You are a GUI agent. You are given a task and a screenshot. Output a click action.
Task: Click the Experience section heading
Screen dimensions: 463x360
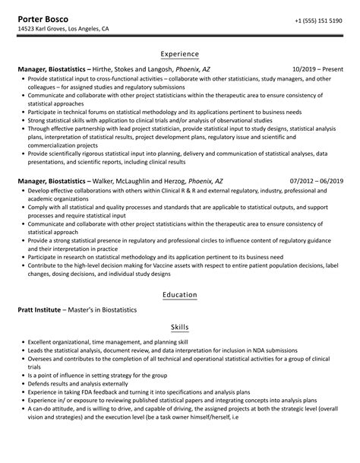(x=180, y=55)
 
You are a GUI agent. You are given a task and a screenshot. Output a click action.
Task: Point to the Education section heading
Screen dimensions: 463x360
(x=180, y=294)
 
